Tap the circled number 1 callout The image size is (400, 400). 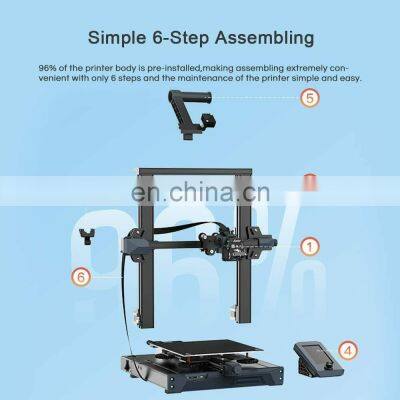point(311,244)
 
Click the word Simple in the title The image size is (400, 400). point(122,39)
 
